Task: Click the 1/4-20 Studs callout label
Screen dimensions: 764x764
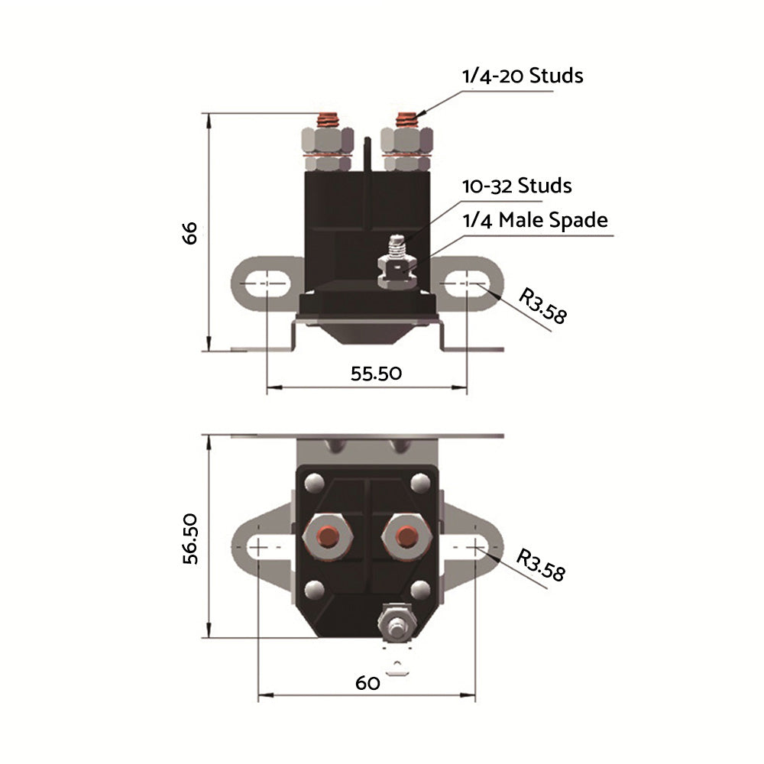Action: [522, 76]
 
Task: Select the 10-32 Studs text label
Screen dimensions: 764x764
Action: [516, 186]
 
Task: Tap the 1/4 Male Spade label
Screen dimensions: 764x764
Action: [534, 220]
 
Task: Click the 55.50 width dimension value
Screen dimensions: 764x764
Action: [376, 373]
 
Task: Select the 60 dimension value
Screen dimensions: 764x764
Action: [367, 682]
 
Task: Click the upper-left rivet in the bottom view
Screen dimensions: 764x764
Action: [312, 483]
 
